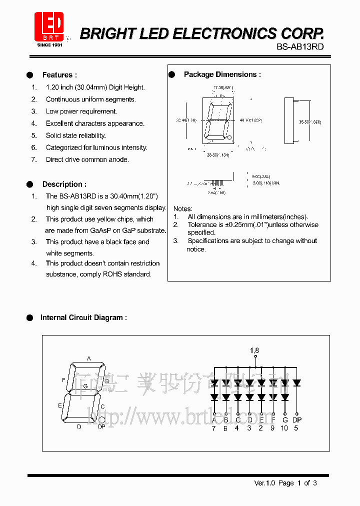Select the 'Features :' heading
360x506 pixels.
[59, 75]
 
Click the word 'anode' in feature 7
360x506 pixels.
[119, 159]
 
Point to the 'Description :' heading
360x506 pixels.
[64, 184]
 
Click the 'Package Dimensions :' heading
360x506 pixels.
[222, 74]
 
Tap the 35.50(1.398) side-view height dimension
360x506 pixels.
[310, 121]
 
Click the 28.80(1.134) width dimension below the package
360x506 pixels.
[218, 155]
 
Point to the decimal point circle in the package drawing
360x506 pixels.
[229, 137]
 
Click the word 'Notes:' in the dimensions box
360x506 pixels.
[182, 208]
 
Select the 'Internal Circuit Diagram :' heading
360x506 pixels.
[83, 317]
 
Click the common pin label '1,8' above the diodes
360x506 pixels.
[254, 350]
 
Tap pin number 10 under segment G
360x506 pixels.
[284, 428]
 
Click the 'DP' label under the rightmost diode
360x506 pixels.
[297, 420]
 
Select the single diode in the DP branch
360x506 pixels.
[297, 383]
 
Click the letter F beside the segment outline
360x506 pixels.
[63, 380]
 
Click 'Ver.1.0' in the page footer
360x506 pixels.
[264, 483]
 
